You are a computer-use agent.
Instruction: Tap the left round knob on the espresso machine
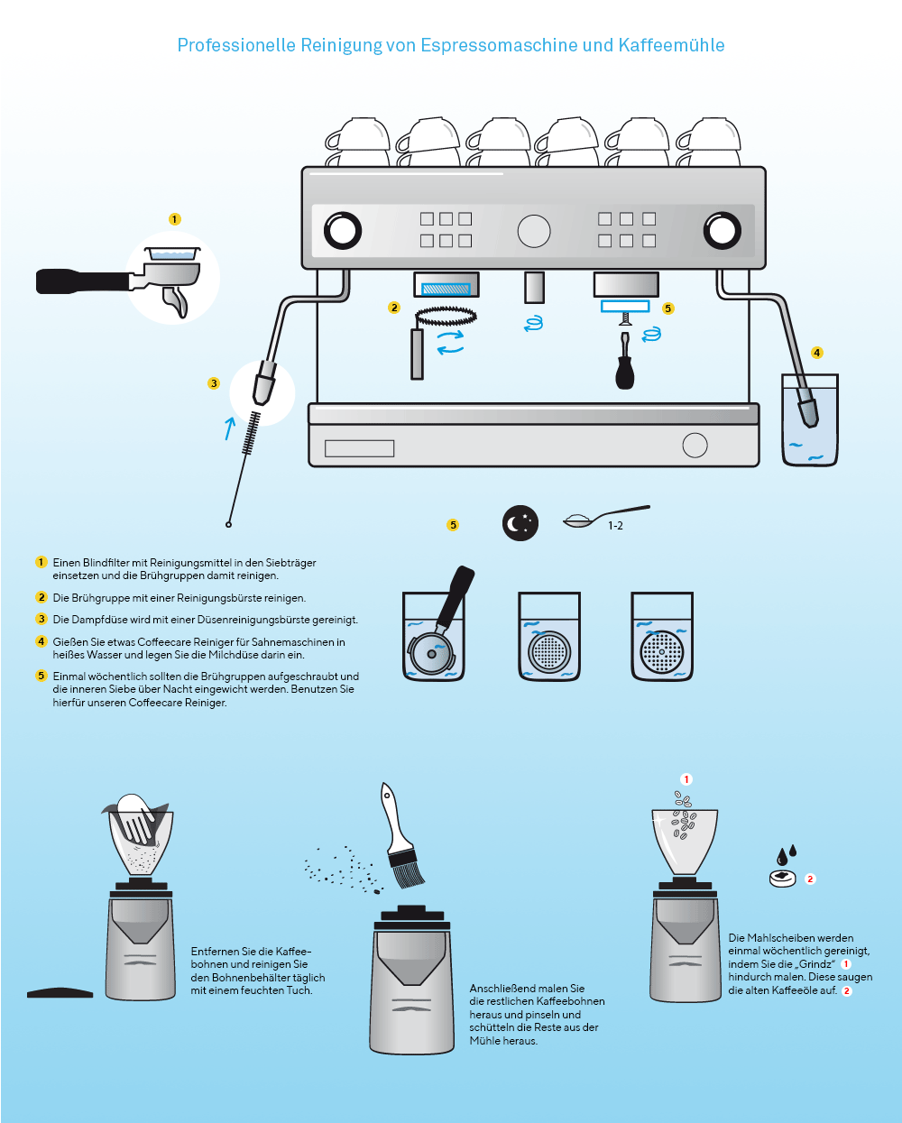point(343,231)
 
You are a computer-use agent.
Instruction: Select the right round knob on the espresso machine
point(722,231)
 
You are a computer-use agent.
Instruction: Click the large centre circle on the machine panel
point(534,231)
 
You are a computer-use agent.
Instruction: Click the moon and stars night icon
point(520,523)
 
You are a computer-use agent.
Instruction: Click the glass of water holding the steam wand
point(810,422)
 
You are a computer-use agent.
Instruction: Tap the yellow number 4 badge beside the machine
point(817,353)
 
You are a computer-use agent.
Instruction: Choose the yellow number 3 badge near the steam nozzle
point(214,383)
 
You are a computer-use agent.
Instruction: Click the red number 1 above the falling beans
point(686,779)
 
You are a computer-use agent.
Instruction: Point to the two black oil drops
point(787,853)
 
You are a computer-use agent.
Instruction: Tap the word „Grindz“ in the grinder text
point(815,964)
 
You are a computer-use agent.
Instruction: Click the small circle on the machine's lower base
point(695,445)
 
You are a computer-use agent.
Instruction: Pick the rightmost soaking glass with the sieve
point(662,637)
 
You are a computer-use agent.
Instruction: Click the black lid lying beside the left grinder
point(60,993)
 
